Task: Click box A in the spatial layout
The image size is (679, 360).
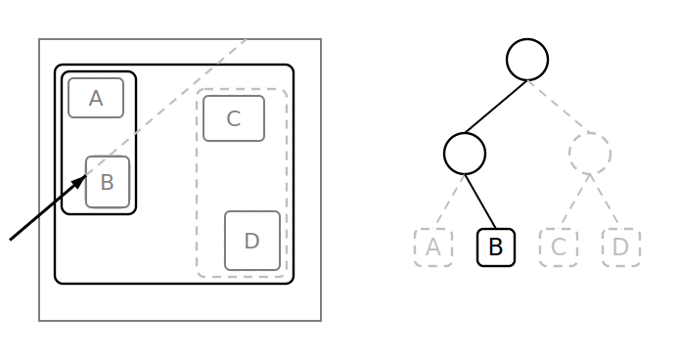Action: [96, 98]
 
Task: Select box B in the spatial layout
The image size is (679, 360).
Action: [108, 182]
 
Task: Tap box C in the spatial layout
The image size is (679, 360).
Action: [234, 118]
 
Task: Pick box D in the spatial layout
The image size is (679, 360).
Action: [252, 241]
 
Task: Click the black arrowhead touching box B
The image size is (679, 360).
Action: [79, 182]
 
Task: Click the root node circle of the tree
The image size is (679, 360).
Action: [527, 60]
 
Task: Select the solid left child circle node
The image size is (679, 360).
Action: [465, 154]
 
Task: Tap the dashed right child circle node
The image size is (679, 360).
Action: [590, 154]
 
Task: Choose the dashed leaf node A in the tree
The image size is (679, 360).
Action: [433, 247]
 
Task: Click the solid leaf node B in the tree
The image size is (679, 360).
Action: [496, 247]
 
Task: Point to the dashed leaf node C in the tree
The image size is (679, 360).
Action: [559, 247]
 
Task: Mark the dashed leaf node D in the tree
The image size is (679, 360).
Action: [621, 247]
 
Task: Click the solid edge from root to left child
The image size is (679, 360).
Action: [496, 107]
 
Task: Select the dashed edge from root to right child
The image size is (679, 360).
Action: [559, 106]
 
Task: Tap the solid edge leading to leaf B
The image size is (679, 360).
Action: [480, 202]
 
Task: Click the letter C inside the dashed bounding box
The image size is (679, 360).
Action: [234, 118]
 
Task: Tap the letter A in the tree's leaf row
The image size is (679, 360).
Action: [433, 247]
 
